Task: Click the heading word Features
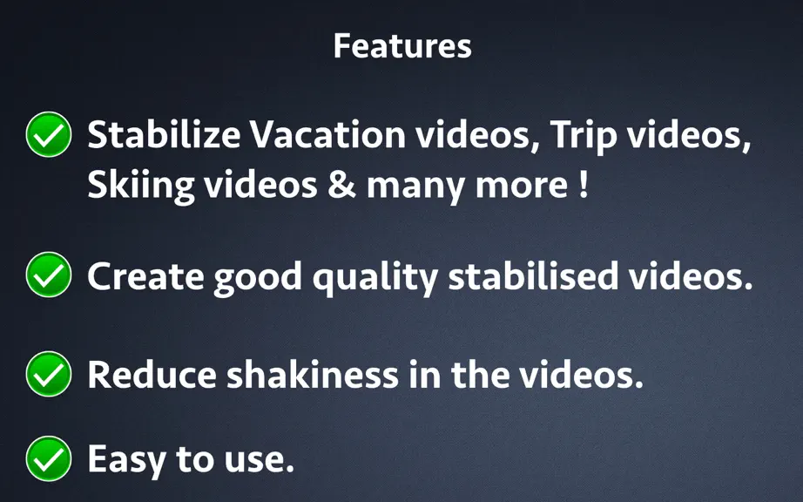point(402,46)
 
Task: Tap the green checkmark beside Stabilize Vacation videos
point(49,134)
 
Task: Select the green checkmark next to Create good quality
point(49,275)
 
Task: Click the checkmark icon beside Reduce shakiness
point(49,374)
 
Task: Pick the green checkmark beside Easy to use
point(49,458)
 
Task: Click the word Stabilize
point(164,135)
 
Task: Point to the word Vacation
point(327,135)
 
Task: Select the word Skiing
point(141,187)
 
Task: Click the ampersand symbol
point(341,185)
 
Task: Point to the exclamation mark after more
point(584,185)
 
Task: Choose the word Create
point(145,276)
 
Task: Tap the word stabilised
point(533,275)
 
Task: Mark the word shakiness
point(313,375)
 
